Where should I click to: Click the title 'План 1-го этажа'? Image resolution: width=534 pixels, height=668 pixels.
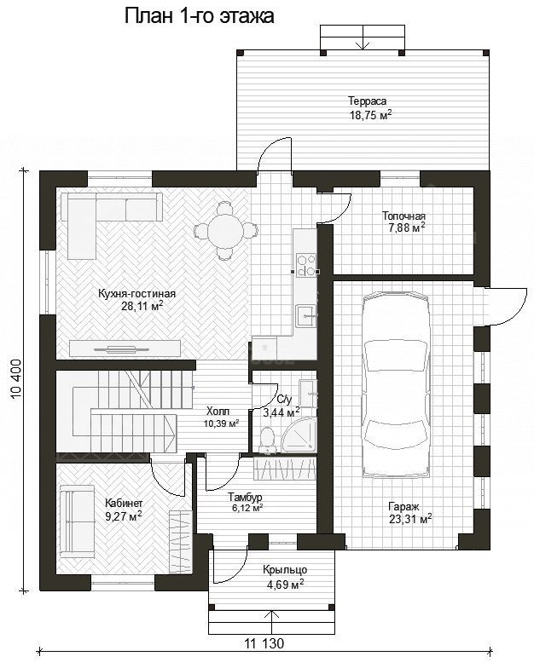(200, 16)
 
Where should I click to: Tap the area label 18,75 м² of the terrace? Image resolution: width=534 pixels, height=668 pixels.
(370, 115)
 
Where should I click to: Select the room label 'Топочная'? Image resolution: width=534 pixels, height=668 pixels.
(403, 216)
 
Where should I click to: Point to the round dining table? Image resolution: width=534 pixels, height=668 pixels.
(226, 230)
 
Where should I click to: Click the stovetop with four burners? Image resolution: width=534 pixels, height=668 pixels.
(306, 264)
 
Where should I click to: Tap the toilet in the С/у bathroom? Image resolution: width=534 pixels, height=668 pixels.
(268, 440)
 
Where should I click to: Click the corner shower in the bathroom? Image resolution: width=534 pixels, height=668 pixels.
(300, 435)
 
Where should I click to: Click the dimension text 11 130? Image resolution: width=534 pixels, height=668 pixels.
(264, 642)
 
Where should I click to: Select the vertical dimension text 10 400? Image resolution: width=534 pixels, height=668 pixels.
(17, 379)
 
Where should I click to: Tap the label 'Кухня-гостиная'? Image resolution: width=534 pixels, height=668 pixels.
(136, 293)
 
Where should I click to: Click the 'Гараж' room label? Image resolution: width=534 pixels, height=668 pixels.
(403, 507)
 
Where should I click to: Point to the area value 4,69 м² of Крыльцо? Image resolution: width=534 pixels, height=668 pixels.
(285, 584)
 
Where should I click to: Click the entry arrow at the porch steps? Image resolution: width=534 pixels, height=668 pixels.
(270, 622)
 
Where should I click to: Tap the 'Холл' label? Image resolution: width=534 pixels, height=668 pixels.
(218, 411)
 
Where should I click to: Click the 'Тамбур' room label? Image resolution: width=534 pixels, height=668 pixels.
(245, 497)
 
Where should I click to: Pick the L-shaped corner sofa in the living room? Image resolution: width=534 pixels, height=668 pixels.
(96, 213)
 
